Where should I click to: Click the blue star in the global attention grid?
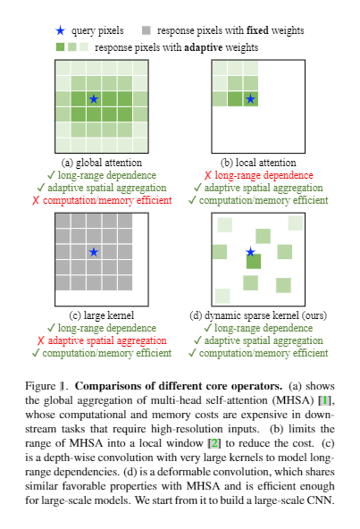94,99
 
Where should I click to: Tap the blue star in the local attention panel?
251,99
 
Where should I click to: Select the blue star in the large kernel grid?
94,253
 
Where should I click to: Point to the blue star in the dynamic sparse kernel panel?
251,253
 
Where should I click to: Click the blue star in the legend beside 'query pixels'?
60,30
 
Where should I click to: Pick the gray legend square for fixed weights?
145,30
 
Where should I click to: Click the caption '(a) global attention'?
93,163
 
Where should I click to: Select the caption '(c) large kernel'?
93,315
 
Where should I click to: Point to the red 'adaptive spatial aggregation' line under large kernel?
98,340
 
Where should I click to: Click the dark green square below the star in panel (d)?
253,262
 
